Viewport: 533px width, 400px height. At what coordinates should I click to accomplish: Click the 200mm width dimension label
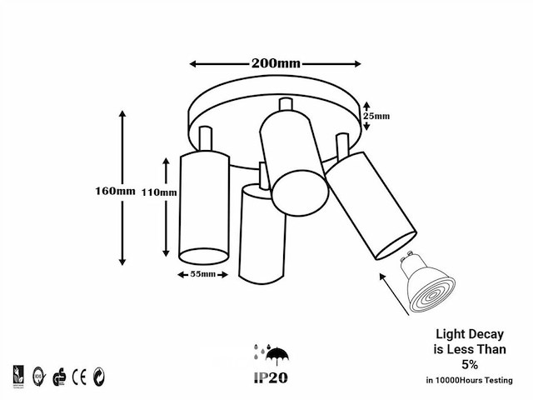276,63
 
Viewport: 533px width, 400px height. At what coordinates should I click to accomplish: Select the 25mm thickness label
378,116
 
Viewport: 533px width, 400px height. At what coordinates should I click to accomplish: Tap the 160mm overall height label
114,190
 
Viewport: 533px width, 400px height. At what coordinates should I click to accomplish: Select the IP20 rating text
268,376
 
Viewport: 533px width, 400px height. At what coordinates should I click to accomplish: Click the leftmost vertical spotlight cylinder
203,206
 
